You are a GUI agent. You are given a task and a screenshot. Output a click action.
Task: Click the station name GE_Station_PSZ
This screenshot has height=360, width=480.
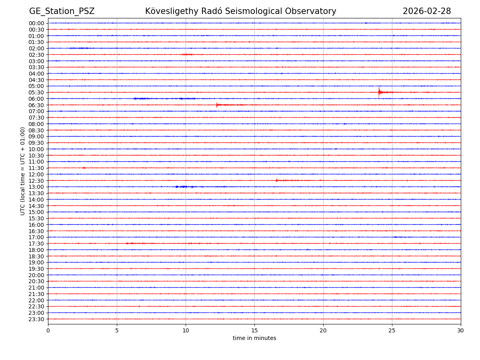click(62, 11)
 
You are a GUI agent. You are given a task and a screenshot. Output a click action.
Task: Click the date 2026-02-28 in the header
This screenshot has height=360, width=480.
click(426, 11)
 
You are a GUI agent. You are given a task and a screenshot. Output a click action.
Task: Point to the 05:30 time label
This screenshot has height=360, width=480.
click(36, 92)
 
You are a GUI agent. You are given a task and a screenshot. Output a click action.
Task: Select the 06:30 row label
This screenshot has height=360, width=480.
click(36, 105)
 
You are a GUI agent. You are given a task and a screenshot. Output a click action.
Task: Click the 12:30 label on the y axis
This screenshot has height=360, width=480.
click(36, 181)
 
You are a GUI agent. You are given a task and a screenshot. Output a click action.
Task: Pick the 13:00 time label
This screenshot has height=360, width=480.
click(36, 187)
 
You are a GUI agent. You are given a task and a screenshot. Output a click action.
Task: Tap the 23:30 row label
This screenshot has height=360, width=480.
click(36, 319)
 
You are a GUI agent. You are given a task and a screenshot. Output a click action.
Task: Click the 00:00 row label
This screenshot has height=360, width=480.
click(36, 23)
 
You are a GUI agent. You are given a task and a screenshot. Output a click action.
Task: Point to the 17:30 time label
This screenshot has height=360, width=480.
click(36, 244)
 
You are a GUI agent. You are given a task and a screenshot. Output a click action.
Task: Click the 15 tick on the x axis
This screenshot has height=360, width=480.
click(254, 330)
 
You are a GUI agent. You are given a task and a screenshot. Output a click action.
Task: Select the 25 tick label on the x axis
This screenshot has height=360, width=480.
click(392, 330)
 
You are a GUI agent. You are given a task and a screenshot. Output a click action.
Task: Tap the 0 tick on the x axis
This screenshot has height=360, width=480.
click(48, 330)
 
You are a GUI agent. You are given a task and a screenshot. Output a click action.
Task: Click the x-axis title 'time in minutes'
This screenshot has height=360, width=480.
click(254, 338)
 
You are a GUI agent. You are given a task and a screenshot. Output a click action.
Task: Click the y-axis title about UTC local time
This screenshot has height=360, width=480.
click(23, 171)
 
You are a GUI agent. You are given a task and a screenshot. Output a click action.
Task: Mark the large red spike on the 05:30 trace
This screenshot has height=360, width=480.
click(379, 92)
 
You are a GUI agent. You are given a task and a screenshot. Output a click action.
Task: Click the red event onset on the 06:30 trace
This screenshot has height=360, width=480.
click(217, 105)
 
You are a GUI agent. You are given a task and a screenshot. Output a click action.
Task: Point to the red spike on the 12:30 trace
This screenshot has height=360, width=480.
click(276, 180)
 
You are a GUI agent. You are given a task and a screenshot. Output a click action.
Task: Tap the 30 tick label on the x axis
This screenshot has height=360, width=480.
click(461, 330)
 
